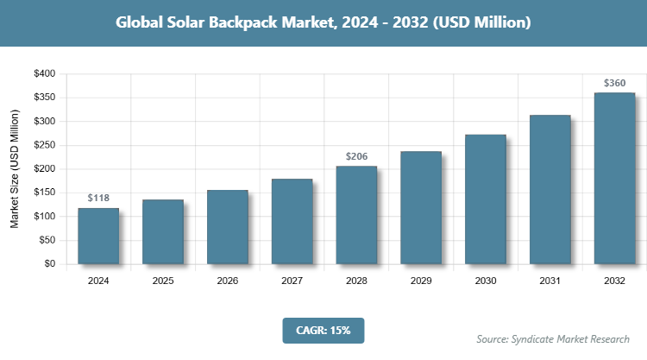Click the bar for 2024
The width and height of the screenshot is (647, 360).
[x=98, y=236]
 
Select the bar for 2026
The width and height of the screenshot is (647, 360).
[x=227, y=227]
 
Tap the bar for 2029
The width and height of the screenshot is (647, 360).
[x=421, y=208]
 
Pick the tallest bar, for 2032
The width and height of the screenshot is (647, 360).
[x=614, y=179]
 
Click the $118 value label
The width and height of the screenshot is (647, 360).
[x=98, y=199]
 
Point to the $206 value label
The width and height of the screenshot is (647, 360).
[x=356, y=156]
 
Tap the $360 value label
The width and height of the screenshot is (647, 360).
[x=614, y=84]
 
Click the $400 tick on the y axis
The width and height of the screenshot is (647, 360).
[x=44, y=74]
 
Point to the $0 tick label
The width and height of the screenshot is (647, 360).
[x=49, y=264]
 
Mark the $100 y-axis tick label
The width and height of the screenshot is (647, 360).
[x=44, y=217]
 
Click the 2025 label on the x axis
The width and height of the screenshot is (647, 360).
[x=163, y=281]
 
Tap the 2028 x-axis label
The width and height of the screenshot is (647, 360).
[x=356, y=281]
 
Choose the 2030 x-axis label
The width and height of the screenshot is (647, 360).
[x=486, y=281]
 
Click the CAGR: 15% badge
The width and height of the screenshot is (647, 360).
[x=323, y=331]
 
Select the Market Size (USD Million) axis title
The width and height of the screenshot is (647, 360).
[x=15, y=169]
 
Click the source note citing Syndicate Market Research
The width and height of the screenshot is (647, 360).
[x=553, y=338]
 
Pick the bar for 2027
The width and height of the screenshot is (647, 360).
[x=292, y=222]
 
